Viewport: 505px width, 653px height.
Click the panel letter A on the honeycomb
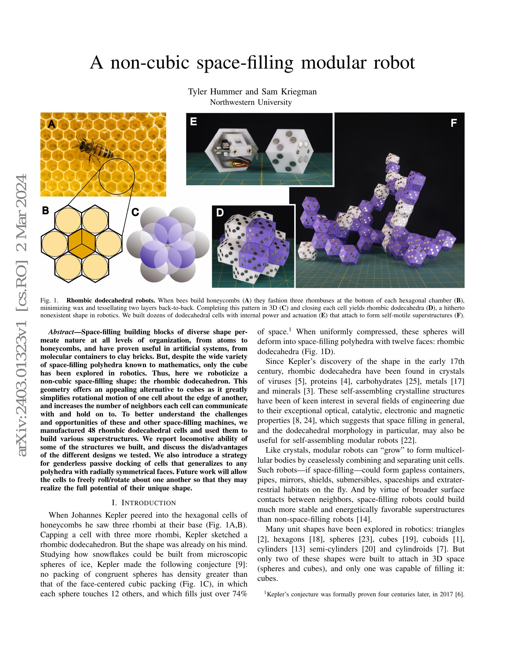pos(52,124)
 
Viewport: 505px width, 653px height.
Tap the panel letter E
pos(194,121)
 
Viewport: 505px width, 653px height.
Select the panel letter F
pos(454,123)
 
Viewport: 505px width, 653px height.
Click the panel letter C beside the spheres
pos(135,212)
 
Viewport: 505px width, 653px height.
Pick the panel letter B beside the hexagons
pos(45,210)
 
